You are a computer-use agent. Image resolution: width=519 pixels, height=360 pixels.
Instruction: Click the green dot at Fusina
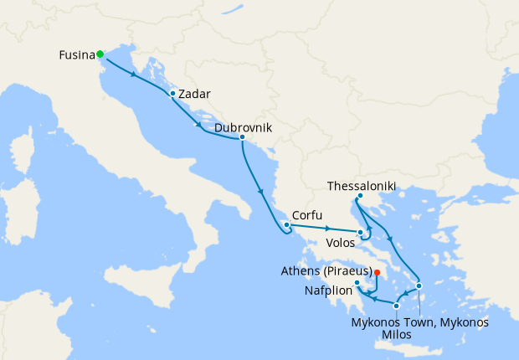[x=100, y=54]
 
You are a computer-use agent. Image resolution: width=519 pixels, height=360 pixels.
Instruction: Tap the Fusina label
[x=76, y=56]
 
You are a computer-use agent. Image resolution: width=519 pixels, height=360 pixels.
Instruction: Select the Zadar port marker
[x=172, y=93]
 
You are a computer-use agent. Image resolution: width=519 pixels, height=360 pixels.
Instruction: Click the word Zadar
[x=194, y=94]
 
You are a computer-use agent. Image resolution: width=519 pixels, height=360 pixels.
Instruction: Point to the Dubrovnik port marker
[x=242, y=137]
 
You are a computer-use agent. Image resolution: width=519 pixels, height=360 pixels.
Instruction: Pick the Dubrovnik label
[x=244, y=128]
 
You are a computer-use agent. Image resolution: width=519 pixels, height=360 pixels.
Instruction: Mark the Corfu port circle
[x=286, y=224]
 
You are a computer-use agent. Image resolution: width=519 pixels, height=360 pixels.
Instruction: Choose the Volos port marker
[x=359, y=232]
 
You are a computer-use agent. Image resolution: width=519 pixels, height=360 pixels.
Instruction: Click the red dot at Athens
[x=378, y=272]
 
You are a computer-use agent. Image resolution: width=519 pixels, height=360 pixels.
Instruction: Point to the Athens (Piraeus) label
[x=326, y=270]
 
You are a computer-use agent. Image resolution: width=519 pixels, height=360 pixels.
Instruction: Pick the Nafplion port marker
[x=357, y=283]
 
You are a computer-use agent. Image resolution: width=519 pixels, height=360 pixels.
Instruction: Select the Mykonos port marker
[x=419, y=286]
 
